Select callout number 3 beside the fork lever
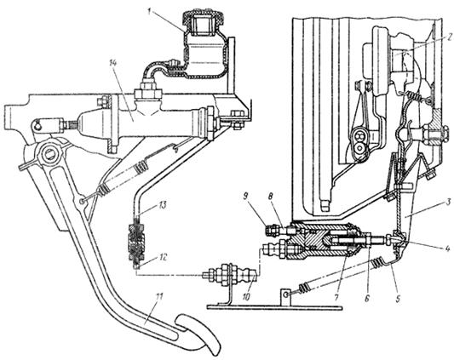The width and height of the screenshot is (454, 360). pos(449,203)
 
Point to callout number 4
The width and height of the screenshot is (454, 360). pos(448,249)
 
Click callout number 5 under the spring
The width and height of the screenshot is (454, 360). pos(398,298)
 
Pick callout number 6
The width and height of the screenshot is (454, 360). pos(367,298)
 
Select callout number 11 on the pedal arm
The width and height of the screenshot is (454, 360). pos(159,297)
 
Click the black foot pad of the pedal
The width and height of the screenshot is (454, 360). pos(200,334)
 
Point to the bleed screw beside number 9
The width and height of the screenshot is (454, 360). pos(272,230)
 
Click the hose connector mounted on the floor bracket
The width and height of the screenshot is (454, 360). pos(230,275)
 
